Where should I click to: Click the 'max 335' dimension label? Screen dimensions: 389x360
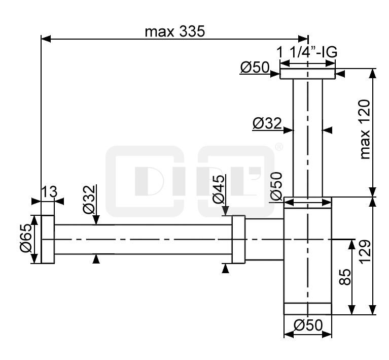tap(175, 31)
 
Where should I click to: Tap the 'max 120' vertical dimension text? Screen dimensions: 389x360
tap(365, 129)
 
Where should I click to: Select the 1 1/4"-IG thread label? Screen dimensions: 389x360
tap(307, 52)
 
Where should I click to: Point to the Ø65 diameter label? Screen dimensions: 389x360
tap(26, 238)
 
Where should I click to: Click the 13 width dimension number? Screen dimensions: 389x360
tap(49, 192)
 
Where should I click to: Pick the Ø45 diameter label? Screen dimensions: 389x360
tap(219, 189)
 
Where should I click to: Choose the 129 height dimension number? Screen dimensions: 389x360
tap(365, 252)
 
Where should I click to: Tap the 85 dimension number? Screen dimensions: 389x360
tap(345, 277)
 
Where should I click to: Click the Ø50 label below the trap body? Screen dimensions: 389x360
tap(308, 325)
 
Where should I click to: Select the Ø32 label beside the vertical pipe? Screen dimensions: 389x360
tap(267, 123)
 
